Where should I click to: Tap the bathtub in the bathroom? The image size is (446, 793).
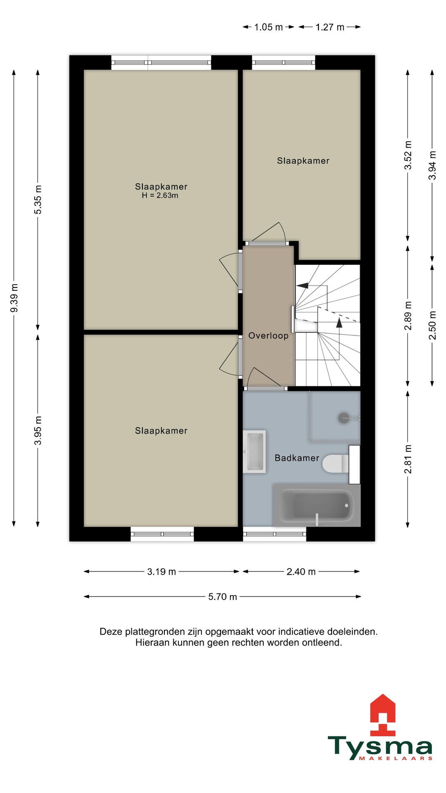317,506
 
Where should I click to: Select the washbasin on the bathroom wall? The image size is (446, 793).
254,451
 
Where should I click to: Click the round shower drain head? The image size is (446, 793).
344,418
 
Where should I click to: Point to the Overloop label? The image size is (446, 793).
268,336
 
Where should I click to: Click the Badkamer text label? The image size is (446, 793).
297,458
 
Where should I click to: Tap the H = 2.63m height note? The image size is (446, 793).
160,196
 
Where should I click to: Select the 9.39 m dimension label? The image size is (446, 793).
14,298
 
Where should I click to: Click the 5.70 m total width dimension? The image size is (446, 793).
222,597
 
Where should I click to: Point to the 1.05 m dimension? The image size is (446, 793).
268,27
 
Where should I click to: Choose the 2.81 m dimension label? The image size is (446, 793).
408,459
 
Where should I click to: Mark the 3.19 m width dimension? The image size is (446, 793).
161,572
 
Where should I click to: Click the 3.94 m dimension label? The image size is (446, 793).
432,165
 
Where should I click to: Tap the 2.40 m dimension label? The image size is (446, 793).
301,572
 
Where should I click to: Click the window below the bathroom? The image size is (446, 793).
275,534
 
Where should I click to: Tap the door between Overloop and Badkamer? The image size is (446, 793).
266,387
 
